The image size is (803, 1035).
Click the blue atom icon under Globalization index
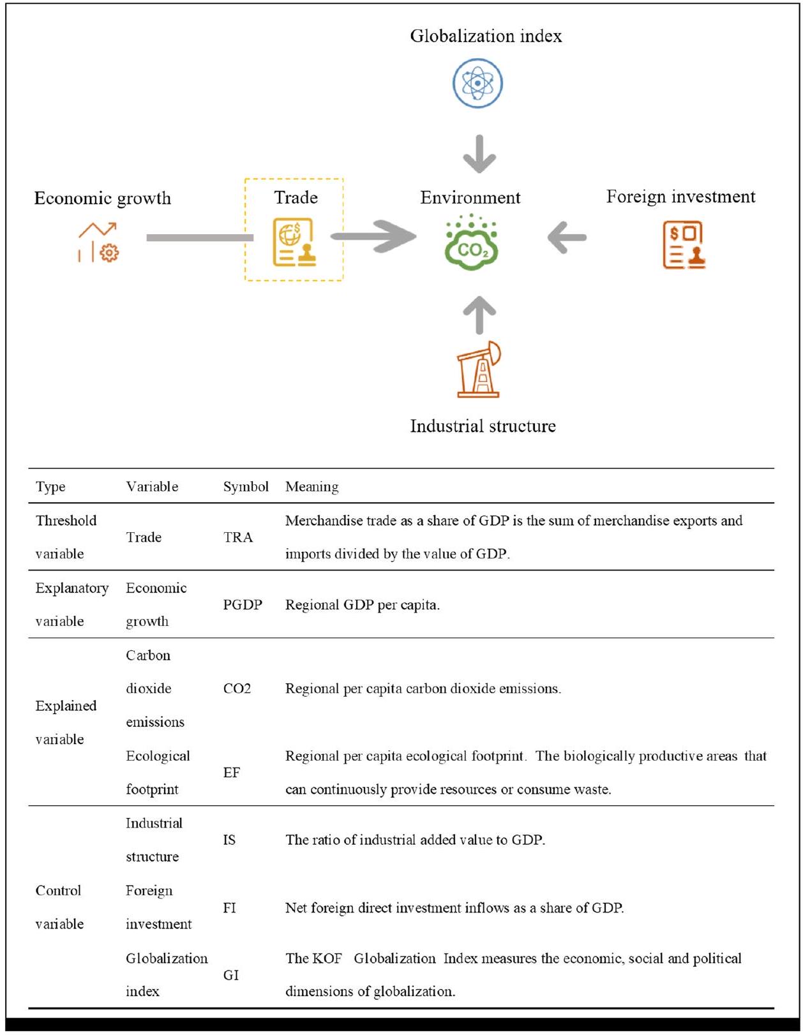(x=477, y=84)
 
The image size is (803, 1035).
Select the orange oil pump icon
(x=479, y=369)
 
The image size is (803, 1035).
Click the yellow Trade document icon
(x=294, y=242)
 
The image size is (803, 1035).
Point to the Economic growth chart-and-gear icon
(x=98, y=242)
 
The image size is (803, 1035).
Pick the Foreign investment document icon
(x=684, y=245)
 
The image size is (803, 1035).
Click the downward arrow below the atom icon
(x=479, y=154)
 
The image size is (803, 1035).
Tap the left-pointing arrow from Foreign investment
(x=567, y=238)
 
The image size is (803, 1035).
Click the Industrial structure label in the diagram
(x=483, y=426)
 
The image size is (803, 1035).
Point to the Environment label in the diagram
(x=470, y=198)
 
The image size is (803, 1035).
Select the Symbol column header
(x=246, y=487)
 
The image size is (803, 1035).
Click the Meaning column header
(x=311, y=487)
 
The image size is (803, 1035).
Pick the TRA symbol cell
(x=238, y=537)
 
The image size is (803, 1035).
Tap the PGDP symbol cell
(x=243, y=605)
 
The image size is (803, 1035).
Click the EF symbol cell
(x=231, y=773)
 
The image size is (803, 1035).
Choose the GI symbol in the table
(x=230, y=975)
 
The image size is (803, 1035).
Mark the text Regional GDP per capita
(x=362, y=605)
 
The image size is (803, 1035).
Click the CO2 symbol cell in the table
(x=237, y=689)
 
